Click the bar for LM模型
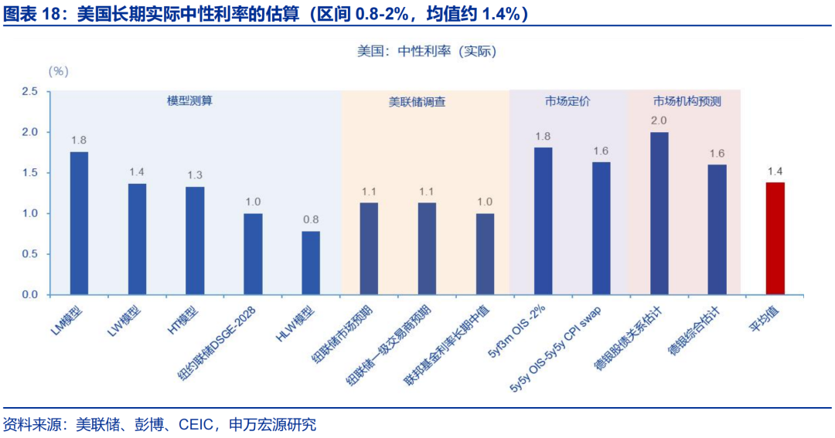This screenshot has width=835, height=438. [79, 223]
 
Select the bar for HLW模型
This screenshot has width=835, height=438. [311, 263]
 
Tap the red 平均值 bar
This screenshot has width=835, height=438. [775, 239]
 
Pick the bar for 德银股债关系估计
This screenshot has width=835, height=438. [659, 213]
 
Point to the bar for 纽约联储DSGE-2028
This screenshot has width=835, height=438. [253, 254]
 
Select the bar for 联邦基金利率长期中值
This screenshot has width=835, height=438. [485, 254]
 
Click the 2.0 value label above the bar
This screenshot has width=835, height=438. [659, 121]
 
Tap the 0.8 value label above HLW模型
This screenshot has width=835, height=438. [311, 219]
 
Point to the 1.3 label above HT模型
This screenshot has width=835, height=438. [195, 175]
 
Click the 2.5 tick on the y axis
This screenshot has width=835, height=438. [30, 92]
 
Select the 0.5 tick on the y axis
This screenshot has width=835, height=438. [30, 254]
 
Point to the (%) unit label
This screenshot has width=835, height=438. [59, 72]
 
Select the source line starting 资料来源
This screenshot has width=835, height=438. [159, 424]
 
